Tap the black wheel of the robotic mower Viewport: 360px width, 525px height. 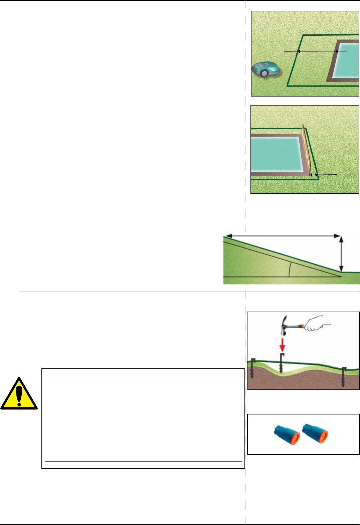click(x=264, y=73)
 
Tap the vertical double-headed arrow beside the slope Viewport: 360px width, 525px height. click(x=341, y=253)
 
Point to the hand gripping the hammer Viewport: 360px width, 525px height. click(x=314, y=324)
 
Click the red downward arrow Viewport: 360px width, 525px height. click(x=283, y=345)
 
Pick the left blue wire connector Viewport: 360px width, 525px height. click(x=287, y=435)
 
